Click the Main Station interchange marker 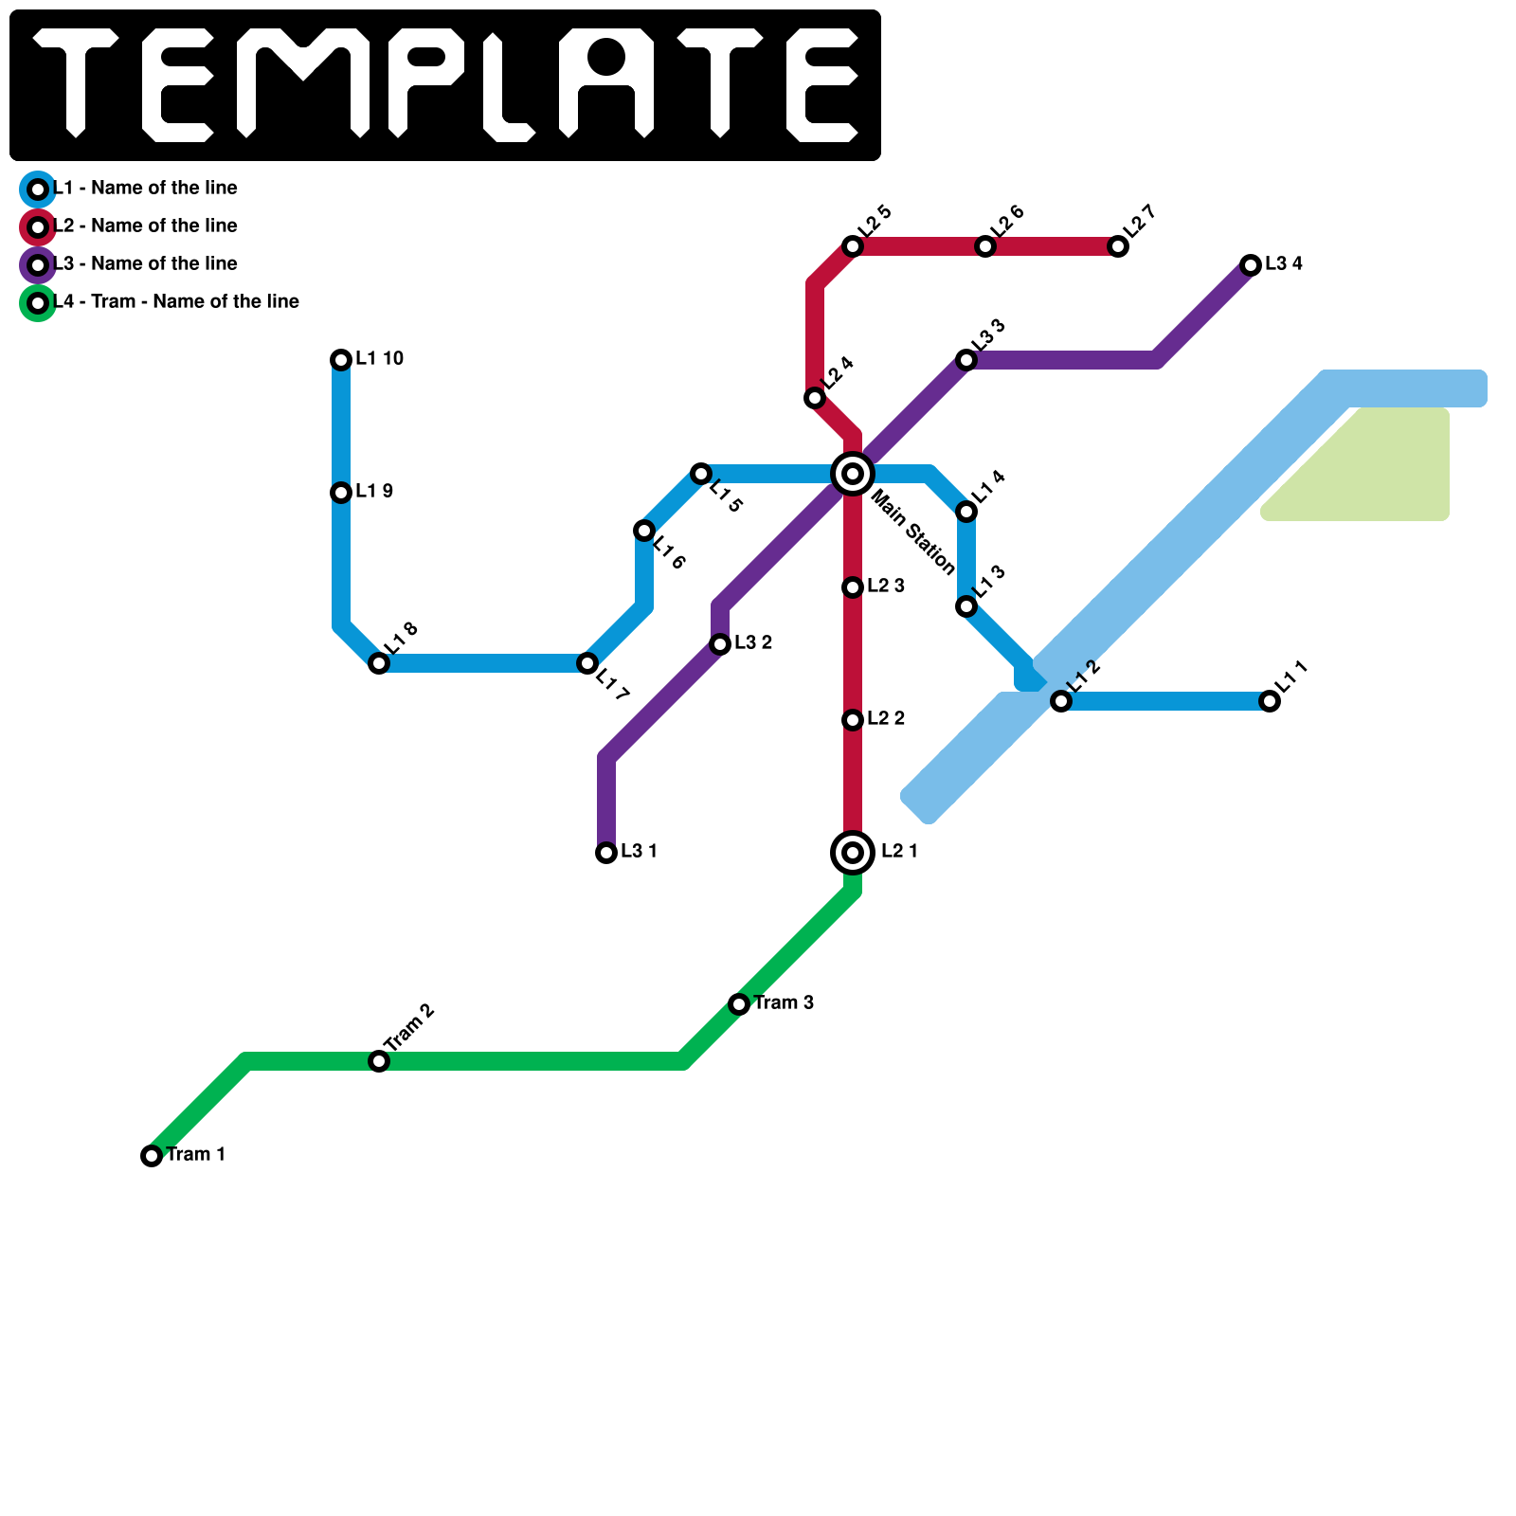pyautogui.click(x=853, y=474)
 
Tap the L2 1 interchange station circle pyautogui.click(x=853, y=853)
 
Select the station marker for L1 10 pyautogui.click(x=341, y=360)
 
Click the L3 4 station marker pyautogui.click(x=1251, y=265)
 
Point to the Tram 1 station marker pyautogui.click(x=152, y=1156)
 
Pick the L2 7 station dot pyautogui.click(x=1118, y=246)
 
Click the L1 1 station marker pyautogui.click(x=1270, y=701)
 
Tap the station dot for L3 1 pyautogui.click(x=606, y=853)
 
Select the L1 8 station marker pyautogui.click(x=379, y=663)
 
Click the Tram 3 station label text pyautogui.click(x=784, y=1002)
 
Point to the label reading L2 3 pyautogui.click(x=886, y=586)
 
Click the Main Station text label pyautogui.click(x=912, y=532)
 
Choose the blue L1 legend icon pyautogui.click(x=38, y=189)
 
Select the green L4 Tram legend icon pyautogui.click(x=38, y=303)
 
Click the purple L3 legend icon pyautogui.click(x=38, y=265)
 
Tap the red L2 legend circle pyautogui.click(x=38, y=227)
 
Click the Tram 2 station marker pyautogui.click(x=379, y=1061)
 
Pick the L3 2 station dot pyautogui.click(x=720, y=644)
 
